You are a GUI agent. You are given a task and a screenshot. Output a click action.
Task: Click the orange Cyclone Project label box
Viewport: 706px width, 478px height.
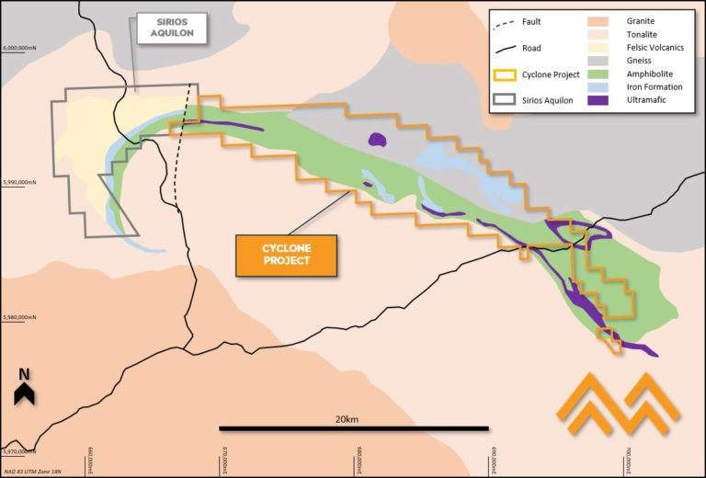[x=286, y=255]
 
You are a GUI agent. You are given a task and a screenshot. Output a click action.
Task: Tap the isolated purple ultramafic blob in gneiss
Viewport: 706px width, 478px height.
[x=376, y=140]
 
